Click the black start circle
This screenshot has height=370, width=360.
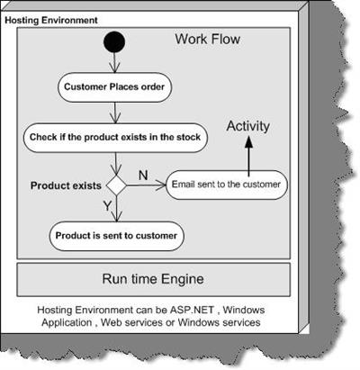coord(114,42)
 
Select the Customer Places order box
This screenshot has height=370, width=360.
coord(114,87)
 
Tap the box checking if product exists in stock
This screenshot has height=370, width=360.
coord(115,138)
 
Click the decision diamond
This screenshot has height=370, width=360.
coord(116,185)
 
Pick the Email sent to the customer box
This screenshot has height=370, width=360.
coord(227,185)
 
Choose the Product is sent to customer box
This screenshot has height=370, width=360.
coord(116,236)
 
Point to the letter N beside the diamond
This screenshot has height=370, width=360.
coord(143,175)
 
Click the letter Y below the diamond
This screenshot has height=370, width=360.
coord(107,206)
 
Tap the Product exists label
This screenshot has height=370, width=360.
coord(66,185)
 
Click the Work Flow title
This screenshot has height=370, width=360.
coord(208,40)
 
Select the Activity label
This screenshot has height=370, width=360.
coord(248,126)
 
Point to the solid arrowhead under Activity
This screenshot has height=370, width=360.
coord(248,141)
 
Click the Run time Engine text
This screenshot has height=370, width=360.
coord(153,279)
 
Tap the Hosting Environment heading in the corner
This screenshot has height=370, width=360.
coord(51,21)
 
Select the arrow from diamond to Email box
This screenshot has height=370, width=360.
coord(146,185)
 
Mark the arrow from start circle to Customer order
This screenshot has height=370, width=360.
coord(114,63)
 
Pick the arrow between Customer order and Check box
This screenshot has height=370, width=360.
coord(115,113)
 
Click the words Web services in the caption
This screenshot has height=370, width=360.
coord(131,322)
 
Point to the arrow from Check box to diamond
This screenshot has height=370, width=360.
coord(116,164)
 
